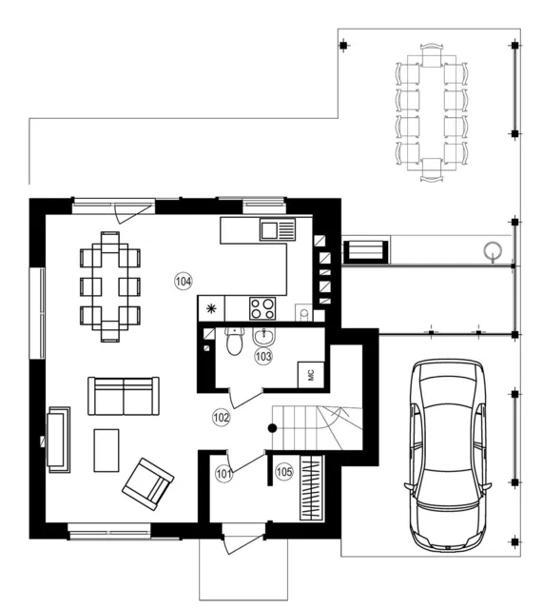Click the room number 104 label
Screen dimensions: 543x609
[x=184, y=282]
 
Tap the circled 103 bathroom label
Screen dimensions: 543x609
[x=263, y=356]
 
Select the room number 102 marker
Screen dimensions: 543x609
[x=222, y=418]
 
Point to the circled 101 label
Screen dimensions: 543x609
[x=223, y=474]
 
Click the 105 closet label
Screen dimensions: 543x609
[x=284, y=472]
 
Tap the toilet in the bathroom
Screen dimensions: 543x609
[x=234, y=341]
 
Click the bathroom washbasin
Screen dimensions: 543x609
[x=264, y=336]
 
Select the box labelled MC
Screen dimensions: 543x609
[x=311, y=375]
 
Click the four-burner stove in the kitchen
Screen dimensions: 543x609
[x=262, y=308]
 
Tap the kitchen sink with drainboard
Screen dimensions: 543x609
[x=278, y=229]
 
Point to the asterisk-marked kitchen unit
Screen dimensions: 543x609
[x=211, y=308]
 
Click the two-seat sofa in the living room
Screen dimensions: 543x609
[x=124, y=396]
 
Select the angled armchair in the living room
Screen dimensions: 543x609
[x=148, y=484]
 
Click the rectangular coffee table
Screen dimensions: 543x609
[x=107, y=450]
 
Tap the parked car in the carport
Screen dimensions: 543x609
[x=448, y=455]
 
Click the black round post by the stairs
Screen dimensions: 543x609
[x=273, y=428]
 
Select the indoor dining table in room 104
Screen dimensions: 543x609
[x=110, y=286]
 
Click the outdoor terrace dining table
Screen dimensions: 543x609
[x=432, y=112]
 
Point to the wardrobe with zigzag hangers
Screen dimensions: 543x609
[x=312, y=487]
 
